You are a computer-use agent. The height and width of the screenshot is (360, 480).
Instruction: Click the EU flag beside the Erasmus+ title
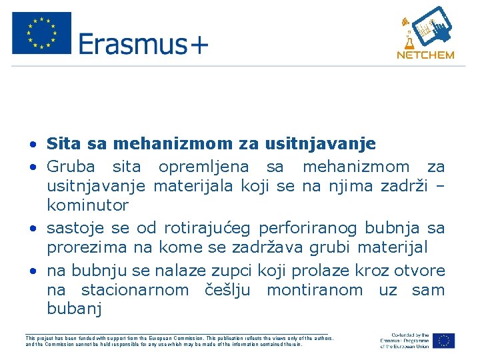41,33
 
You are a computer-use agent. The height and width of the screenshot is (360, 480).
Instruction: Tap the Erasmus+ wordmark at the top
143,45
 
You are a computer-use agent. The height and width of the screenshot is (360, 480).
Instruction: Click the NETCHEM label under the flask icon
425,55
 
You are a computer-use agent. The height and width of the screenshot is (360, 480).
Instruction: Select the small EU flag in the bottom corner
444,341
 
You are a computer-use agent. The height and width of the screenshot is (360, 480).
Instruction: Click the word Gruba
71,167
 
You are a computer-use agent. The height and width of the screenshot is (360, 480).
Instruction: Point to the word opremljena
203,167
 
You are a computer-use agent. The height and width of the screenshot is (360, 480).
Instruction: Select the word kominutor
87,205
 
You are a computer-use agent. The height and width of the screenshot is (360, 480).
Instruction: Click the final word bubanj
74,309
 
